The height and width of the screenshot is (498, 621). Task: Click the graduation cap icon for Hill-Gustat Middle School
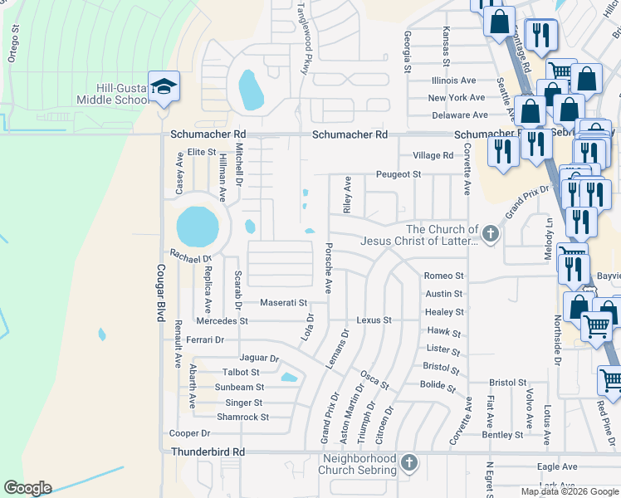(x=164, y=86)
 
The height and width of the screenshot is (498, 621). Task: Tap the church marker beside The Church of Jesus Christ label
(x=491, y=234)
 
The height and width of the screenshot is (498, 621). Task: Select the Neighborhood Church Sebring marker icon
(x=408, y=461)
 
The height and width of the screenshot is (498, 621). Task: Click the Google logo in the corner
(x=27, y=488)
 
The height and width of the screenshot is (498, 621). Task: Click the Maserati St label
(x=283, y=303)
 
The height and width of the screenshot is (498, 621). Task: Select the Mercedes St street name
(x=222, y=320)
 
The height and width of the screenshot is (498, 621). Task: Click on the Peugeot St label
(x=399, y=174)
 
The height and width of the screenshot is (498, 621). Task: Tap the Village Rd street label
(x=433, y=155)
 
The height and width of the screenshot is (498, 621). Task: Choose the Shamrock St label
(x=242, y=417)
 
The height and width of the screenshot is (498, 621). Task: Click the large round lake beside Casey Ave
(x=198, y=227)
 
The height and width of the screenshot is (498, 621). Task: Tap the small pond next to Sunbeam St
(x=288, y=378)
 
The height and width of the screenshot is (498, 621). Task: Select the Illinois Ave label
(x=452, y=81)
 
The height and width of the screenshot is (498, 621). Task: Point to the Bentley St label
(x=502, y=434)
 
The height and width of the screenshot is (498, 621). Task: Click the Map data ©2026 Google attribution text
(x=569, y=491)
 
